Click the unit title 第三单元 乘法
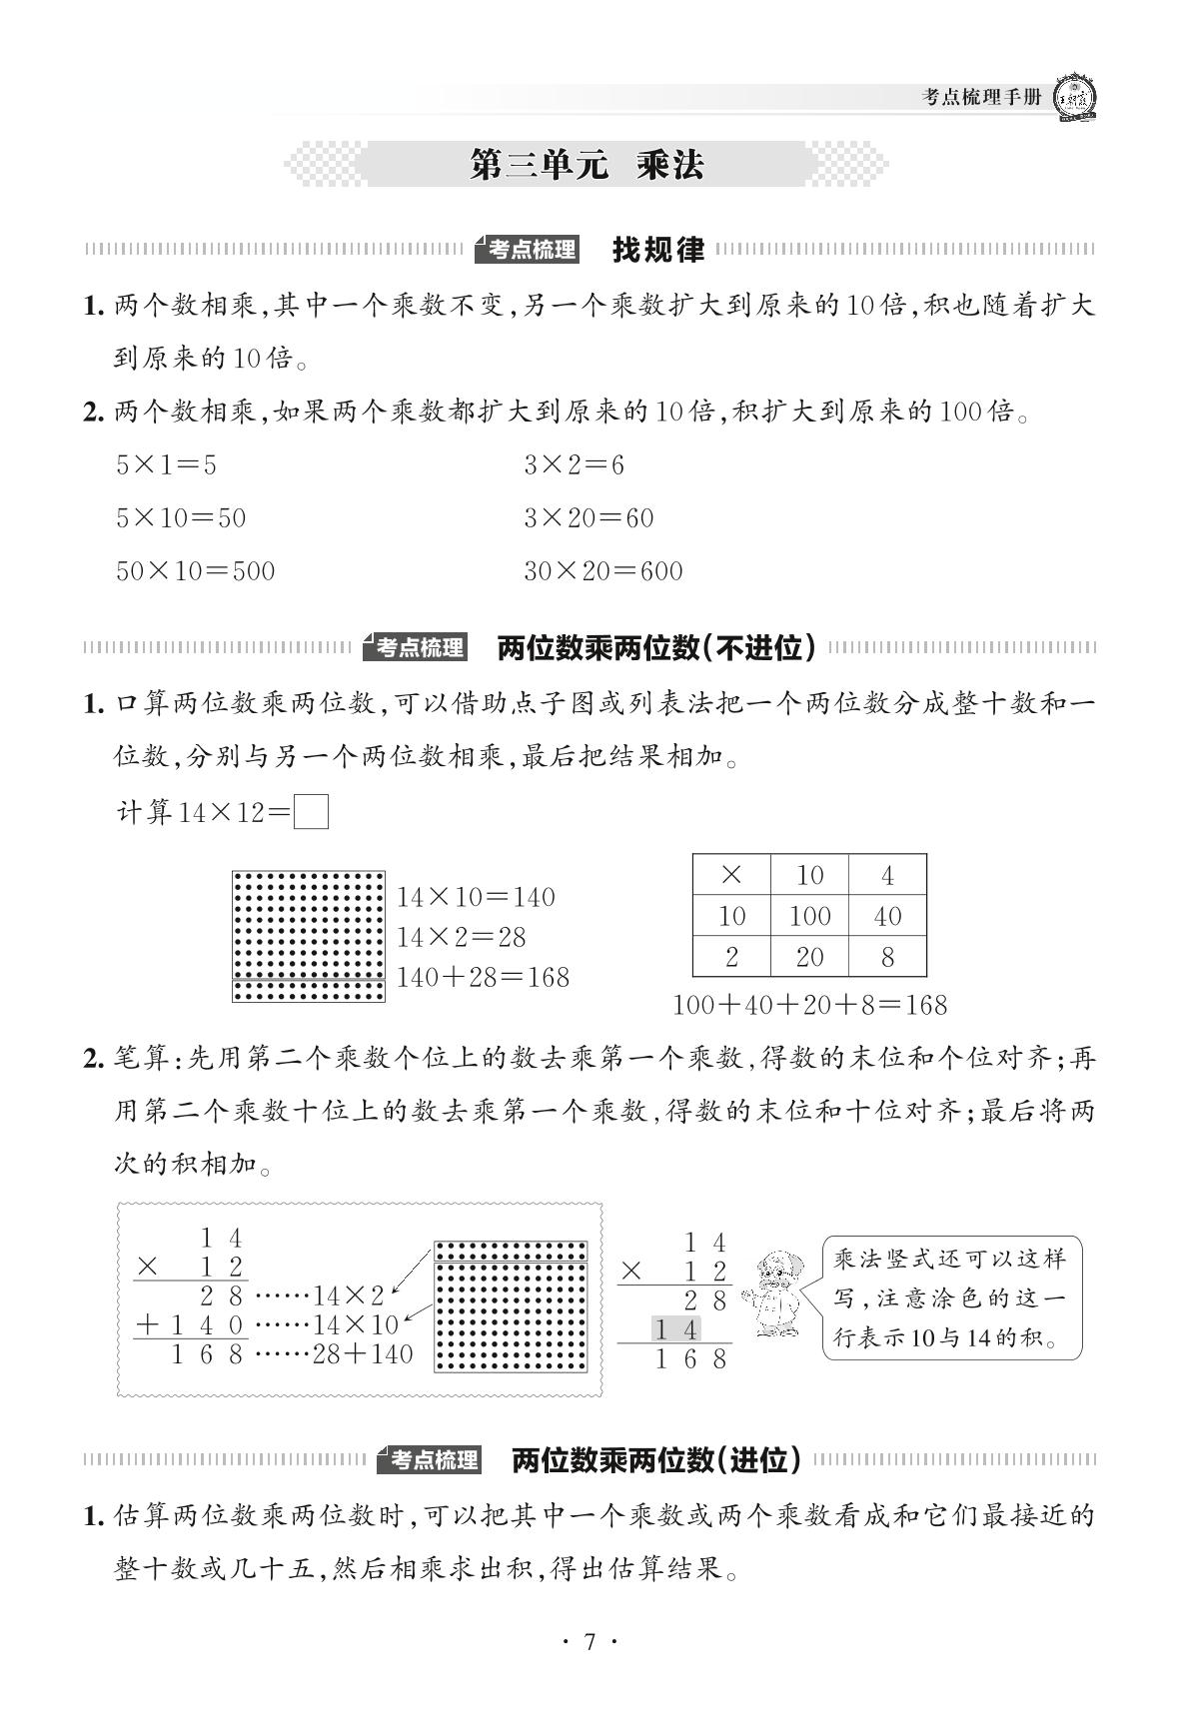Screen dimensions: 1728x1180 [x=587, y=165]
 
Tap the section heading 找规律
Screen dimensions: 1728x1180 [x=657, y=250]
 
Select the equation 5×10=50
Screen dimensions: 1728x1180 [x=181, y=517]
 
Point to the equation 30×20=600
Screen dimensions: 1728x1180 [x=603, y=571]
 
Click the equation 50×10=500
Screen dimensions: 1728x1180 [x=195, y=571]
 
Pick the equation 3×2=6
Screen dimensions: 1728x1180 [x=574, y=464]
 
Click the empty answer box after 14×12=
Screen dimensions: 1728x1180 [x=312, y=811]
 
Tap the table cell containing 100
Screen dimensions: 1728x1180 [x=809, y=916]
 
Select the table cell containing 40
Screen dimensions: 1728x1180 [x=887, y=916]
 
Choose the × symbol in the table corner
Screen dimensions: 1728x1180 [x=731, y=875]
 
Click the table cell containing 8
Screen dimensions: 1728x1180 [x=887, y=957]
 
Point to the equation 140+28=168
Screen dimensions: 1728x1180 [x=483, y=977]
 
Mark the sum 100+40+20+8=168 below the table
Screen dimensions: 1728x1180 [x=809, y=1004]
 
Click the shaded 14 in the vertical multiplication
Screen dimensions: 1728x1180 [x=676, y=1328]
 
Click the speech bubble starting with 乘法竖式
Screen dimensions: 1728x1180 [x=951, y=1297]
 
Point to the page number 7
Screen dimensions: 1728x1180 [x=590, y=1642]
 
